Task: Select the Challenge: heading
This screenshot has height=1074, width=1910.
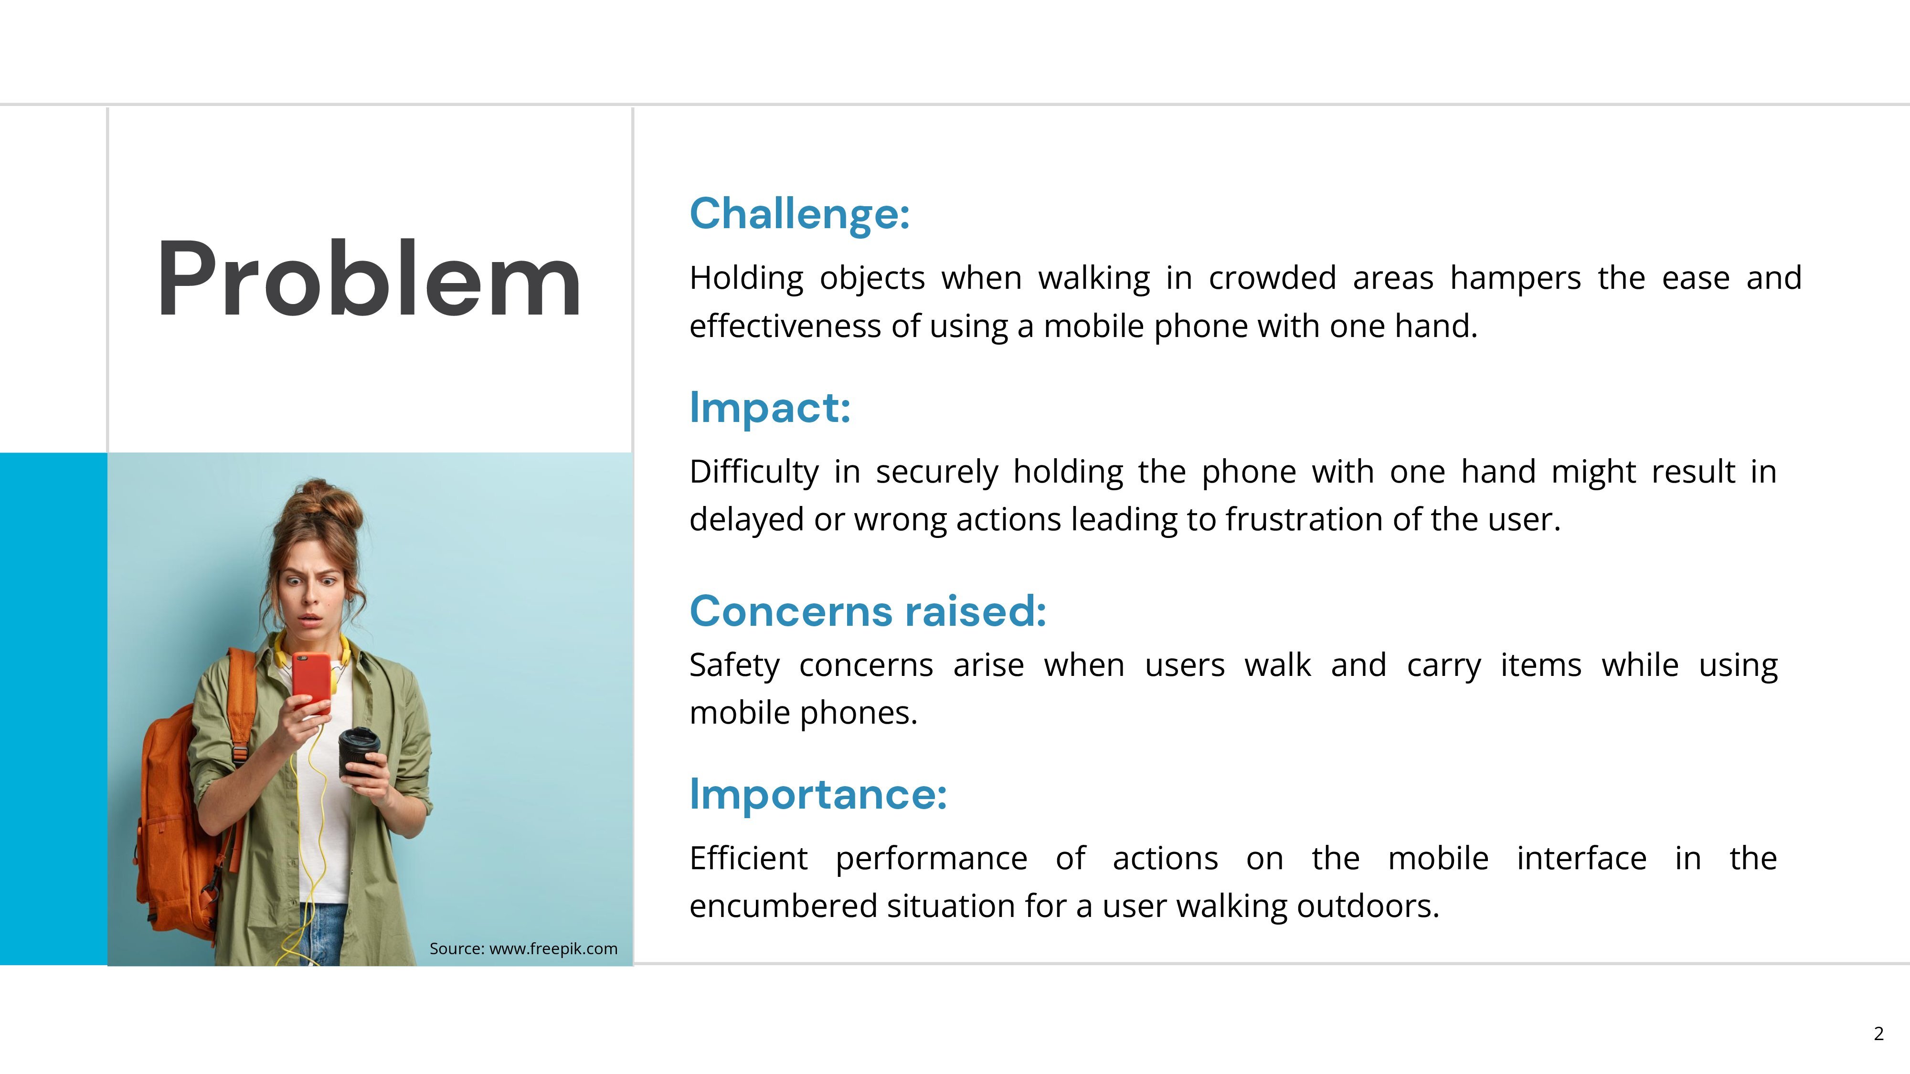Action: tap(799, 214)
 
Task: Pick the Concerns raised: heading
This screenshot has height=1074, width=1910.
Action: tap(868, 611)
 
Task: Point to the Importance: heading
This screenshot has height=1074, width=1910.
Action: tap(818, 795)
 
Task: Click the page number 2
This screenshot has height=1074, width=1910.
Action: tap(1878, 1033)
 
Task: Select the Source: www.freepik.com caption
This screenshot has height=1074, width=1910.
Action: tap(523, 949)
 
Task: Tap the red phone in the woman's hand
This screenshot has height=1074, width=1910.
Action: tap(311, 683)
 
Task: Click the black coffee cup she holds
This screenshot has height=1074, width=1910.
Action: tap(359, 752)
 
